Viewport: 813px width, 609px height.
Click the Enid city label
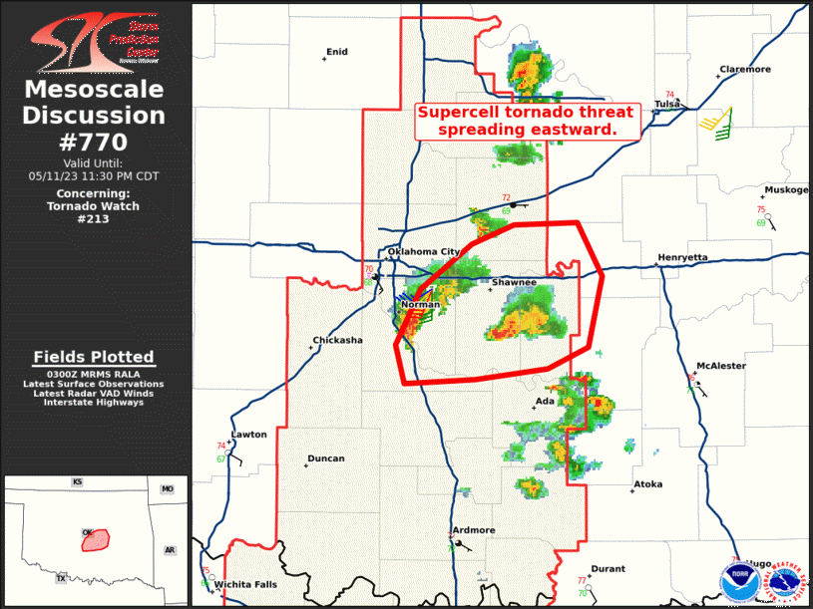337,52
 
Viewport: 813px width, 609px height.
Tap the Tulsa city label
666,104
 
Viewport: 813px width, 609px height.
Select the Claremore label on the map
745,70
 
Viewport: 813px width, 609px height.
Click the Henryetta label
682,258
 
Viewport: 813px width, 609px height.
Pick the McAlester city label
721,366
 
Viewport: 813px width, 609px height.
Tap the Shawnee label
514,283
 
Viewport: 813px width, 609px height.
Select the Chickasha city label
338,340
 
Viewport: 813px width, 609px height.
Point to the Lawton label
249,435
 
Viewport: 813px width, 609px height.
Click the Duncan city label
326,458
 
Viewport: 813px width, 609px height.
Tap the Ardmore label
473,530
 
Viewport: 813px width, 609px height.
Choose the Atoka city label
647,485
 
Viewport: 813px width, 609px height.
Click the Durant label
608,569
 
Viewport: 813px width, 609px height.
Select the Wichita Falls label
246,584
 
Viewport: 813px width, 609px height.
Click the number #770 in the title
95,141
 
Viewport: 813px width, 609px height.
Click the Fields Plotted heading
94,357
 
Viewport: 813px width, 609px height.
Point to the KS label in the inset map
77,482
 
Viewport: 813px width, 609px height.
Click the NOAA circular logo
738,579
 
